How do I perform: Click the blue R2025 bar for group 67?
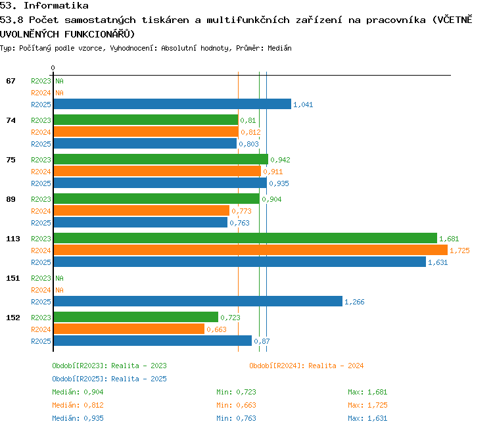(x=172, y=104)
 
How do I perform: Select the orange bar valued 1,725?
(x=250, y=250)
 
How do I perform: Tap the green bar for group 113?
(x=245, y=238)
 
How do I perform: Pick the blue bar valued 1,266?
(x=198, y=301)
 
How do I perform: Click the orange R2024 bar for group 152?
(x=129, y=329)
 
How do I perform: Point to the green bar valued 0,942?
(x=161, y=159)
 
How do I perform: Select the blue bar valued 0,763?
(x=141, y=222)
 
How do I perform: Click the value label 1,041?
(x=303, y=105)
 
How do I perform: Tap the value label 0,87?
(x=262, y=341)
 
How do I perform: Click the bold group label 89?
(x=11, y=199)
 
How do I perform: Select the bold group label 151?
(x=13, y=278)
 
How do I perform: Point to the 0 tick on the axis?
(x=53, y=68)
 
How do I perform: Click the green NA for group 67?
(x=59, y=81)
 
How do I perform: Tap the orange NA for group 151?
(x=59, y=290)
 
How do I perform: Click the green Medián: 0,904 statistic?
(x=78, y=393)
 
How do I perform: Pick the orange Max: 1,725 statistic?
(x=367, y=406)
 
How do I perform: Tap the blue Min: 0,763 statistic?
(x=236, y=419)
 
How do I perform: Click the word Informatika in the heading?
(x=56, y=6)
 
